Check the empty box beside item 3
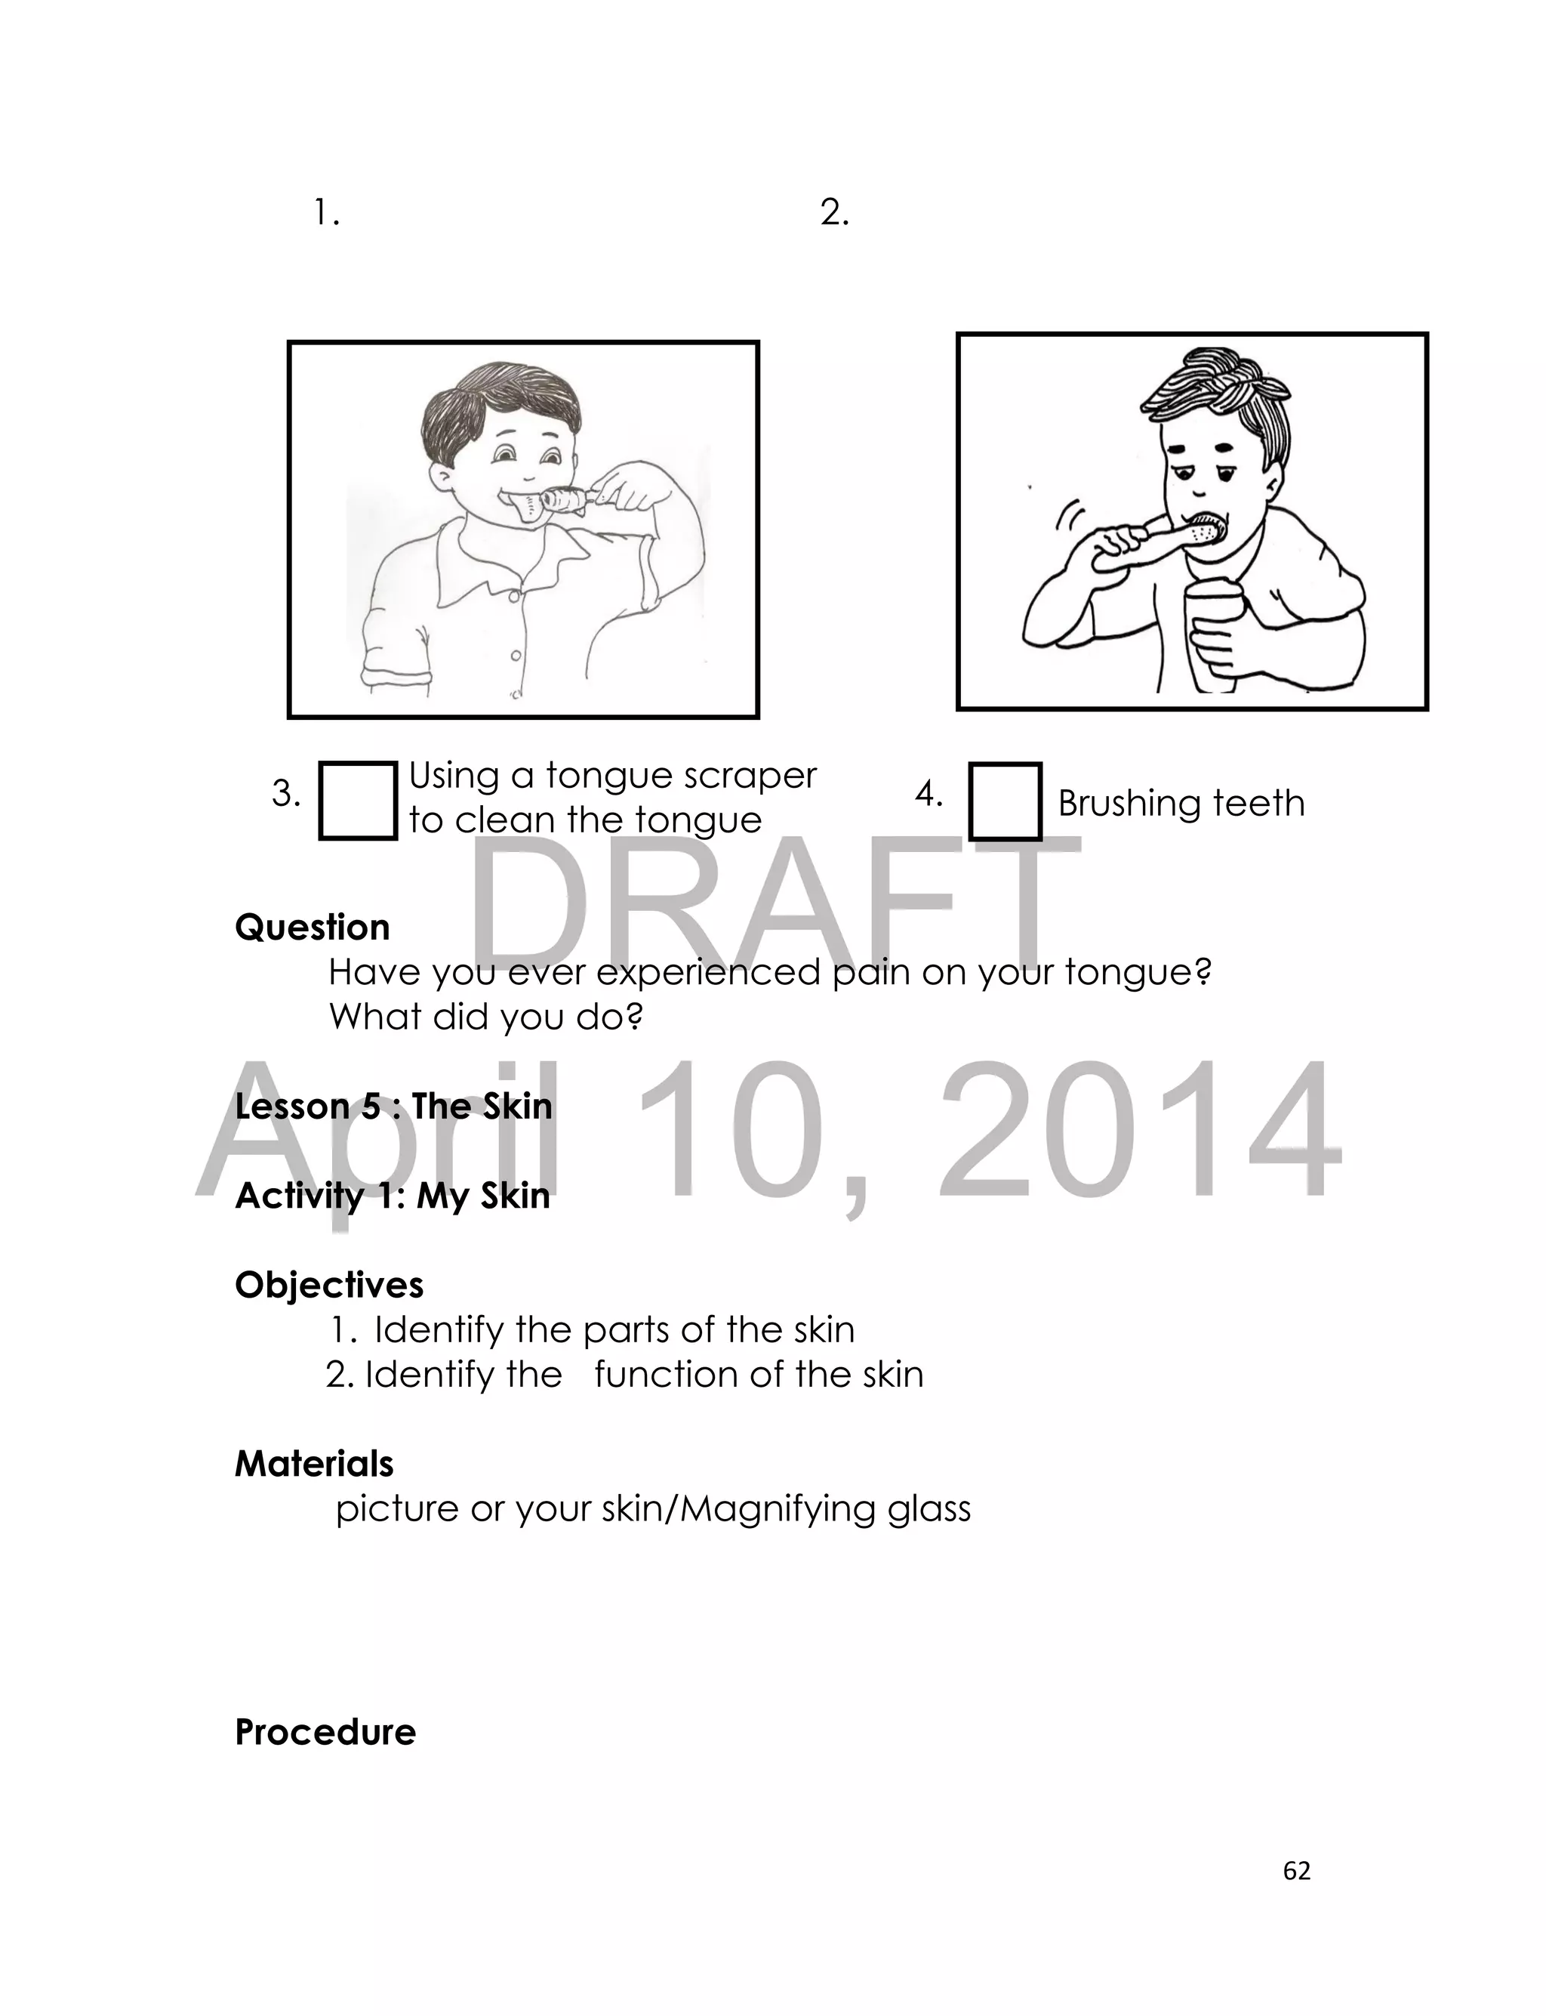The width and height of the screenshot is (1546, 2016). pos(357,800)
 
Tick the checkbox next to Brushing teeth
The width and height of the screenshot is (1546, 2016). pos(1005,801)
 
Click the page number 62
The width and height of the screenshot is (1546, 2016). pos(1297,1870)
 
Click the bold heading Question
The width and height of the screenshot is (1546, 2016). pos(312,927)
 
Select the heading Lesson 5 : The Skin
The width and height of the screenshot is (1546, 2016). pos(393,1106)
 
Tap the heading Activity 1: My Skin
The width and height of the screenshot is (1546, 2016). pos(392,1196)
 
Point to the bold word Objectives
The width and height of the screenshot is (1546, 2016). pos(328,1285)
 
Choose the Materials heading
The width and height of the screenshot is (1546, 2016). pos(314,1464)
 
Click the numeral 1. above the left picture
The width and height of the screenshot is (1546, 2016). pos(326,214)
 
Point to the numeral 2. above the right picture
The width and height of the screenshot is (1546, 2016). pos(833,214)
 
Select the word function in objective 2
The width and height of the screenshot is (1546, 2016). pos(664,1375)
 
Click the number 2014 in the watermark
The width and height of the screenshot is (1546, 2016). pos(1138,1129)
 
